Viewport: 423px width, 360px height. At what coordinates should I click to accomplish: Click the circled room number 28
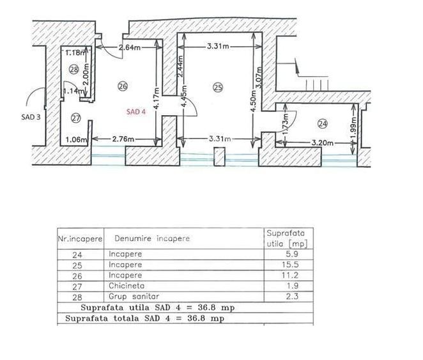73,70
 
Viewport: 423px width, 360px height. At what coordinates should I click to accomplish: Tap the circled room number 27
76,118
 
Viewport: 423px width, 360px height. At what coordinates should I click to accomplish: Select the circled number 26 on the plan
123,86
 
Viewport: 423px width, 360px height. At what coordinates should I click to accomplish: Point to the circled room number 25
218,88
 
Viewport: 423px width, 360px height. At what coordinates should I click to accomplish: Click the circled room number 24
323,123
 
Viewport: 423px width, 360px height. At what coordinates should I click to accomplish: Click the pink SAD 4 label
136,112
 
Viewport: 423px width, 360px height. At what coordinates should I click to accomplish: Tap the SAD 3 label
31,117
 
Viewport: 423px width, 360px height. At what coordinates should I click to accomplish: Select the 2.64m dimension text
130,47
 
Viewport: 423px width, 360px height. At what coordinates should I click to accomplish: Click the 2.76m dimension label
123,139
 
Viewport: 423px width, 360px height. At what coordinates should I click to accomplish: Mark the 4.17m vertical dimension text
157,98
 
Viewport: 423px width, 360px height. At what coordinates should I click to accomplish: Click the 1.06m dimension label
77,139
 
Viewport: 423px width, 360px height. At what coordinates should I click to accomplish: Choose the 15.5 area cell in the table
290,265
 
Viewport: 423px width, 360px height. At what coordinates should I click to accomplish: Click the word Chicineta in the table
127,286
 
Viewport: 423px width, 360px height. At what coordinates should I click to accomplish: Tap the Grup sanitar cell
134,296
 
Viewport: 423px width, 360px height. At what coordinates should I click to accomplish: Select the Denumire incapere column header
152,239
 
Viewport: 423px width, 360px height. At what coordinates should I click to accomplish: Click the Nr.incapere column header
80,239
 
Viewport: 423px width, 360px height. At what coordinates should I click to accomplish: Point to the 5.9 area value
292,254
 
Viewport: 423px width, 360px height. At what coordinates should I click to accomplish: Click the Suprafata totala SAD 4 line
145,318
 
